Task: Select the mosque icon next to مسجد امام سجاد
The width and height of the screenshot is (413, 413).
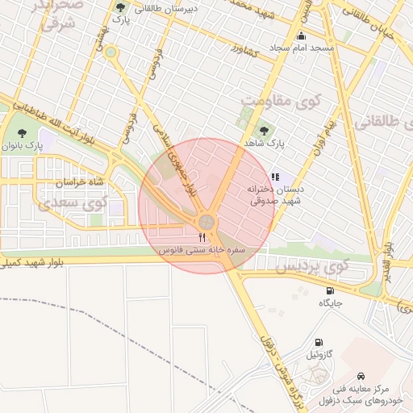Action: coord(302,35)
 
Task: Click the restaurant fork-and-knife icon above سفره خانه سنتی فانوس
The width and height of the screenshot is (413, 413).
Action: coord(202,237)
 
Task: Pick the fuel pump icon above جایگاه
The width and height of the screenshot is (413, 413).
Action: coord(329,290)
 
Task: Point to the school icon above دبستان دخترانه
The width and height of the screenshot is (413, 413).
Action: coord(274,176)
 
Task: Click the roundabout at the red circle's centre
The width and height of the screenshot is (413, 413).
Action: coord(207,221)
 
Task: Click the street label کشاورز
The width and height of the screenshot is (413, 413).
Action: coord(242,51)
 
